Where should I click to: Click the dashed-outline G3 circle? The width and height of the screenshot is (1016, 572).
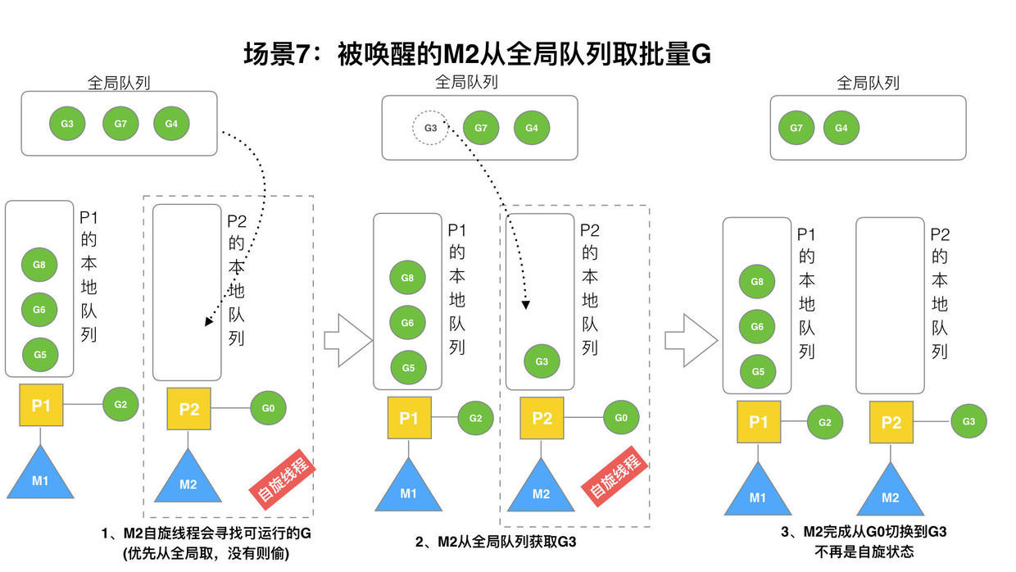[x=430, y=128]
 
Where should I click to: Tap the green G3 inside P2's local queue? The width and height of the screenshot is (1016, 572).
[x=542, y=361]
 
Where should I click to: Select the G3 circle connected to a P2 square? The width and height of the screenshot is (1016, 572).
[x=968, y=421]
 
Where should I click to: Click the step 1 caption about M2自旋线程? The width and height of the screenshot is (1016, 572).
[x=206, y=533]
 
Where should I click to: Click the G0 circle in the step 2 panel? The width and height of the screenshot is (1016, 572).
[x=621, y=418]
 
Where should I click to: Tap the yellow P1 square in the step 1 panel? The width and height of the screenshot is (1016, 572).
[x=41, y=406]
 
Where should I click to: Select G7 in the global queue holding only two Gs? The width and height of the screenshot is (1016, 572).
[x=796, y=128]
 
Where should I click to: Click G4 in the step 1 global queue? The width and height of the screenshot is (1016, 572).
[x=171, y=124]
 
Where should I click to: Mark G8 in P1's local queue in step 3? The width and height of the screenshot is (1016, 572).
[x=757, y=282]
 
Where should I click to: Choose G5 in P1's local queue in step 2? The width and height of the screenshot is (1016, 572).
[x=408, y=368]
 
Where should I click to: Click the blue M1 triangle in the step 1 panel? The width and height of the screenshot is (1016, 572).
[x=40, y=476]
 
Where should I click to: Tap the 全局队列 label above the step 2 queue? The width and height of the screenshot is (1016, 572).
[x=466, y=83]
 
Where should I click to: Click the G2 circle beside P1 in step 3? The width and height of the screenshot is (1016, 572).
[x=824, y=422]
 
